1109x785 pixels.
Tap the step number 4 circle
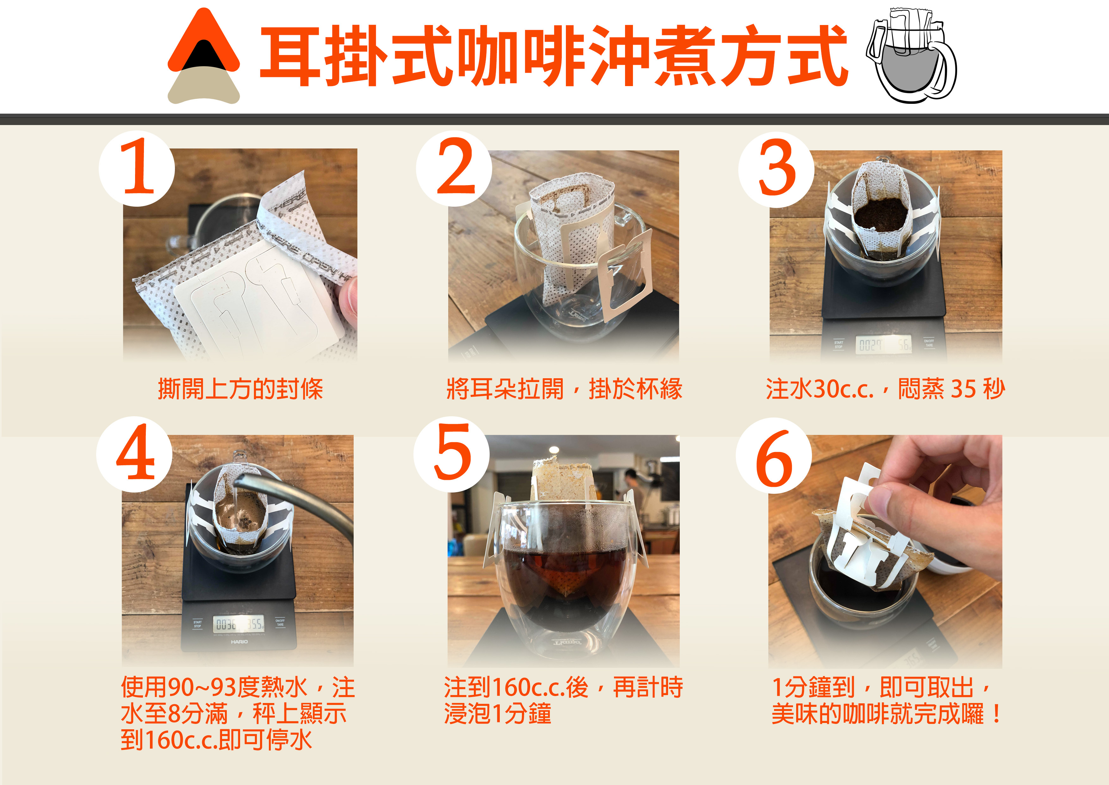pos(134,454)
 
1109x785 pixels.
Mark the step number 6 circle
pos(774,455)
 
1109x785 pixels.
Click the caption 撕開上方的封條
pos(240,389)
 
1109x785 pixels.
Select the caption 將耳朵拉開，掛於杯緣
pos(564,389)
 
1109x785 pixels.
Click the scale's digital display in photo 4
pos(239,624)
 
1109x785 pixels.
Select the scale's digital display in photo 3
pos(883,345)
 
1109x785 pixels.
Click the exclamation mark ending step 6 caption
pos(996,714)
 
